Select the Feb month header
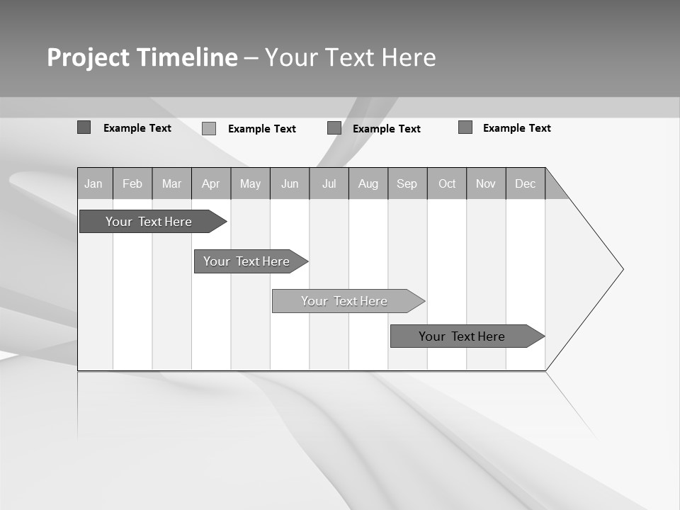132,183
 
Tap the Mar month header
171,183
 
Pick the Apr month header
211,183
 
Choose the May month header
250,183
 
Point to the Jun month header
290,183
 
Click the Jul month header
329,183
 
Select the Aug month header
368,183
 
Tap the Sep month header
407,183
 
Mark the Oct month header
447,183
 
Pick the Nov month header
486,183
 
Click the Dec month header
526,183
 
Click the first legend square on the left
84,127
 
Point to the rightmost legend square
465,127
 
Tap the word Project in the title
88,57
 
